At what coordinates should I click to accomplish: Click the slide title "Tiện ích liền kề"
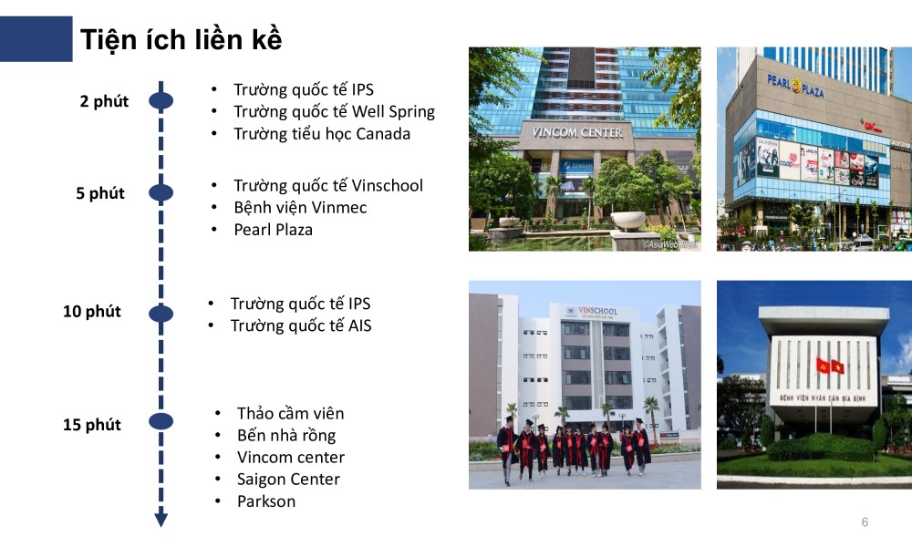click(181, 40)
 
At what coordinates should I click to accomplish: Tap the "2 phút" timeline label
click(104, 101)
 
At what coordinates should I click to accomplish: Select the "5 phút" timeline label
click(100, 193)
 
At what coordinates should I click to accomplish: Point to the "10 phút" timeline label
click(92, 312)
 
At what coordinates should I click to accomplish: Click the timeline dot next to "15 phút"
click(161, 421)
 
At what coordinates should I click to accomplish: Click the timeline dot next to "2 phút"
click(161, 100)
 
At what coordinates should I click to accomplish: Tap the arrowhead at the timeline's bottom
click(161, 520)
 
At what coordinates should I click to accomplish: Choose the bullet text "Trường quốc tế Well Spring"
click(334, 112)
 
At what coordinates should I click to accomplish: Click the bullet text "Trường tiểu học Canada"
click(322, 134)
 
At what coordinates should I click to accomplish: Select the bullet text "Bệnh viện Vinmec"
click(300, 208)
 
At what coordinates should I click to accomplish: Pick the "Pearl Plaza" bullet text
click(273, 230)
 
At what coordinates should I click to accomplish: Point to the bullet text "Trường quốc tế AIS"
click(301, 325)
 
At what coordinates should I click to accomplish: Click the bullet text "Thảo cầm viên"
click(290, 414)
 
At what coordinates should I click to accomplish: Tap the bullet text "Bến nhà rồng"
click(286, 436)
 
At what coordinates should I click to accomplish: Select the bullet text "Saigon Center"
click(288, 480)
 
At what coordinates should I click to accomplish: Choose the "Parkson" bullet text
click(266, 501)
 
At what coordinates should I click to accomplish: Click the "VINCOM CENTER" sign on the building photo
click(577, 132)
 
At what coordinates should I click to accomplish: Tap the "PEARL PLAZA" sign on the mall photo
click(796, 86)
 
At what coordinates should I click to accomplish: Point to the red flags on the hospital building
click(830, 366)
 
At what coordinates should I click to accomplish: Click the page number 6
click(865, 522)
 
